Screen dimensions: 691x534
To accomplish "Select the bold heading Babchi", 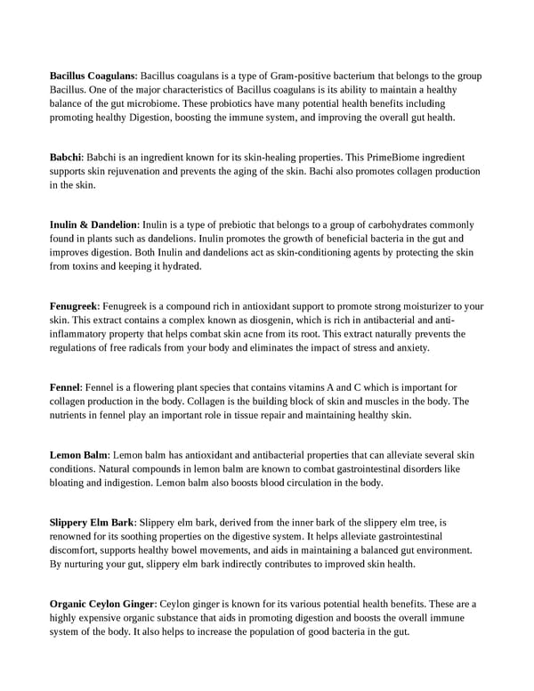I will tap(66, 157).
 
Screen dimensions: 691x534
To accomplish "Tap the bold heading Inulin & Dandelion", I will tap(93, 224).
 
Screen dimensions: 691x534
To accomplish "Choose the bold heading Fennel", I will tap(65, 387).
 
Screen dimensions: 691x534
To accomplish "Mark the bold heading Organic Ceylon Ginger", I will tap(102, 604).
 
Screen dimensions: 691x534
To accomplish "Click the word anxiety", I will tap(410, 347).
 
